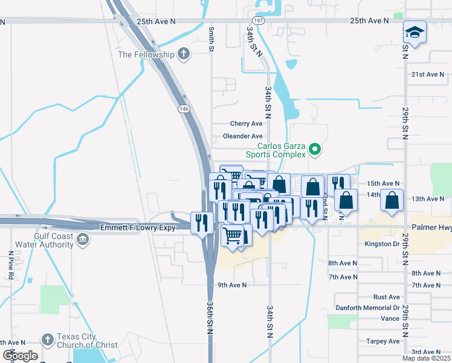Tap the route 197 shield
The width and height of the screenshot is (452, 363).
click(x=258, y=21)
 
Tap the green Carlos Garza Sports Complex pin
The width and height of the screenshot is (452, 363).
click(x=314, y=149)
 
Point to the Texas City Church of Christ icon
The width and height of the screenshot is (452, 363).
click(x=48, y=339)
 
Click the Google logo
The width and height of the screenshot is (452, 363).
click(x=19, y=356)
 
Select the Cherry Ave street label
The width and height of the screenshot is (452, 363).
click(x=246, y=123)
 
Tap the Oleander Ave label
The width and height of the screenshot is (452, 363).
click(x=242, y=136)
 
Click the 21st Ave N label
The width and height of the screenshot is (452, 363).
click(x=427, y=74)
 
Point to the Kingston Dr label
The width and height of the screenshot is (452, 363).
click(x=382, y=244)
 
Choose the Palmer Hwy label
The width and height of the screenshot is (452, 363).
click(x=431, y=227)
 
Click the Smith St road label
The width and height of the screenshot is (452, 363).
click(x=211, y=38)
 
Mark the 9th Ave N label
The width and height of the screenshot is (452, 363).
click(x=232, y=285)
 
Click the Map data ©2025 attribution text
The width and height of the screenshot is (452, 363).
click(x=425, y=358)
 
